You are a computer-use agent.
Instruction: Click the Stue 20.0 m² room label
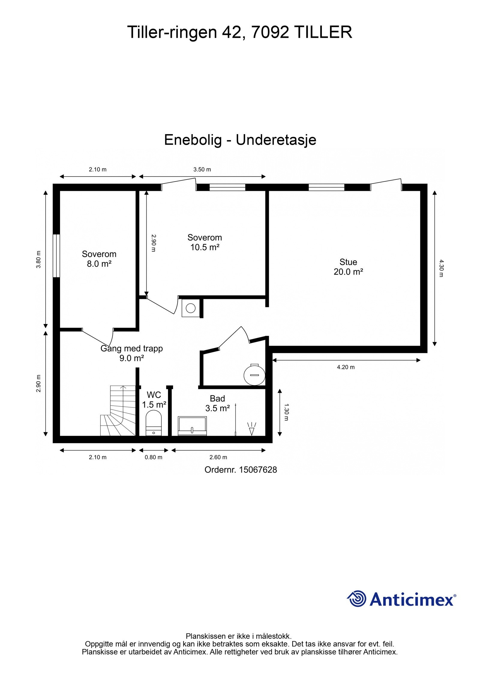tap(348, 267)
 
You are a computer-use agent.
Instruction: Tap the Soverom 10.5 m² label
tap(204, 242)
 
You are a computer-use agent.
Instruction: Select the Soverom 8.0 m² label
tap(99, 259)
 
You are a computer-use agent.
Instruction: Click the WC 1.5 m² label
tap(154, 400)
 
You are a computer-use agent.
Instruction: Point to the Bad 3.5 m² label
tap(217, 403)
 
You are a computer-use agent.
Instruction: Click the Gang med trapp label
tap(131, 349)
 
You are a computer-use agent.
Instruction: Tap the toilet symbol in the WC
tap(153, 423)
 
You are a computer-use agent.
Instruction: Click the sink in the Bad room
tap(192, 425)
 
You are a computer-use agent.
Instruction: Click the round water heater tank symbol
tap(254, 374)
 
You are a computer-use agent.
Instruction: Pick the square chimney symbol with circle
tap(190, 308)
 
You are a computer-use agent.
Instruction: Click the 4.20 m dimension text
tap(346, 367)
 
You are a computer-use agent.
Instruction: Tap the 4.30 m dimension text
tap(441, 268)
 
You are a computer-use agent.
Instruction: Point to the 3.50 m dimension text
tap(202, 170)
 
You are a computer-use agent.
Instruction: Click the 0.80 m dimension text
tap(153, 457)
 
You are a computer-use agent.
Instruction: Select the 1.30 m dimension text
tap(286, 412)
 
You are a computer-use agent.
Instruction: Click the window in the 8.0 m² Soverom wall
tap(56, 256)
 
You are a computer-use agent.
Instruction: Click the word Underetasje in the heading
tap(276, 140)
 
